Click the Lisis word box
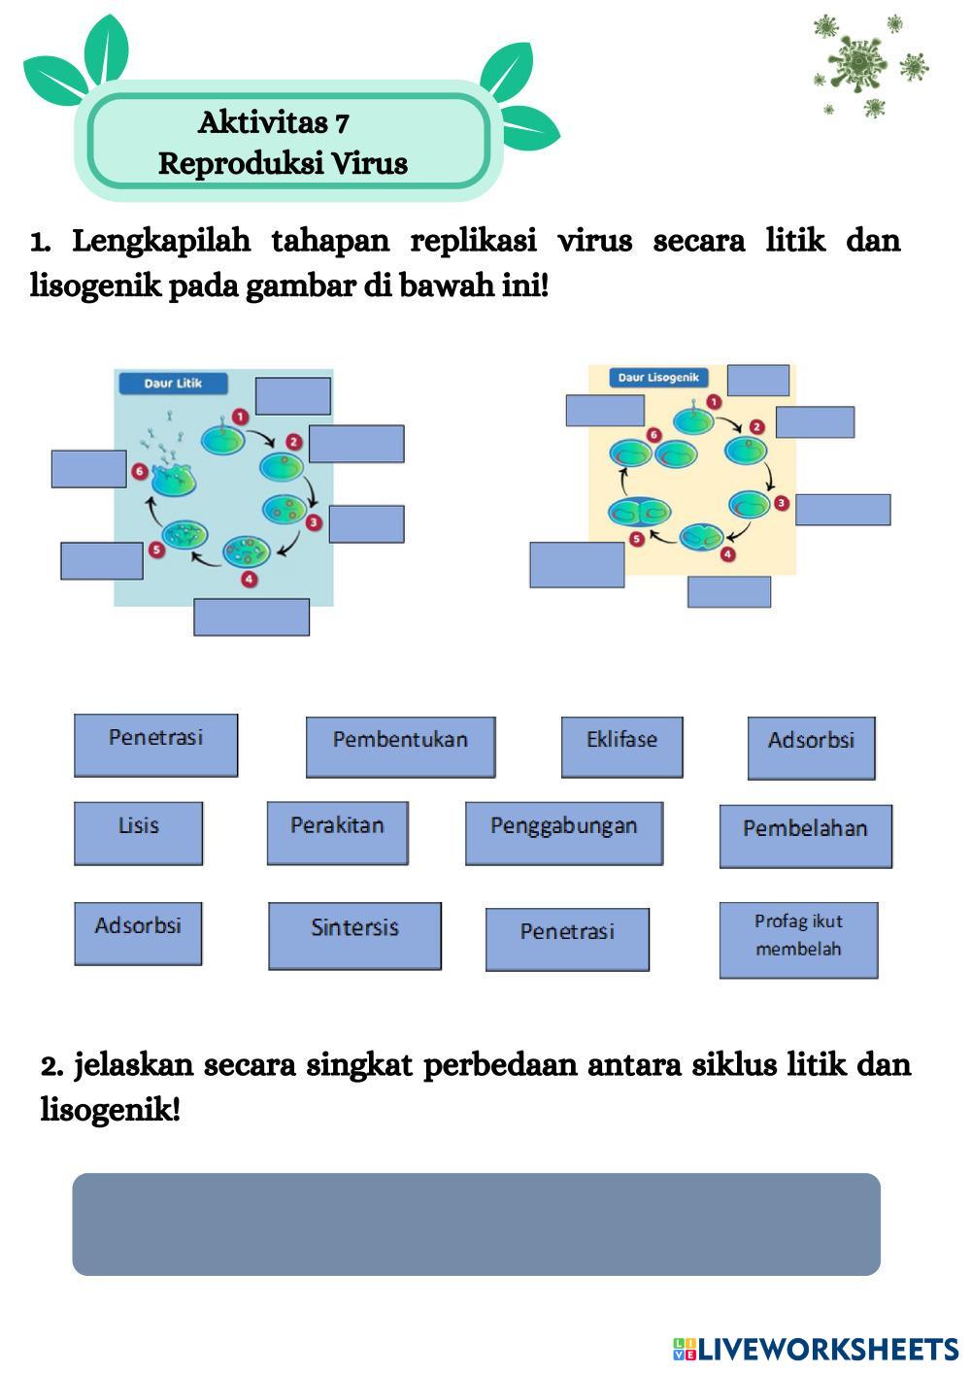tap(138, 832)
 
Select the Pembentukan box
tap(400, 747)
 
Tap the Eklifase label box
tap(621, 747)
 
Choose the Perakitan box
tap(337, 832)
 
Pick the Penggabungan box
tap(563, 832)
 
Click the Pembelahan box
tap(805, 835)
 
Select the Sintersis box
tap(354, 935)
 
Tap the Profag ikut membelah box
tap(798, 939)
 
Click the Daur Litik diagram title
tap(173, 384)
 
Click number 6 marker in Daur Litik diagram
tap(140, 472)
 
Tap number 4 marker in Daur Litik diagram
tap(250, 580)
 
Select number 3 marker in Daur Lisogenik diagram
tap(781, 503)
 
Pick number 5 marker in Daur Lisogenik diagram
tap(637, 538)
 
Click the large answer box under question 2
tap(476, 1223)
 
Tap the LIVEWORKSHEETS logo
tap(816, 1349)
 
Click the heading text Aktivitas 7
tap(274, 123)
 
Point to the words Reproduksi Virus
tap(283, 163)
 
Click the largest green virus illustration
tap(858, 63)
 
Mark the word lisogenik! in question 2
tap(111, 1109)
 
